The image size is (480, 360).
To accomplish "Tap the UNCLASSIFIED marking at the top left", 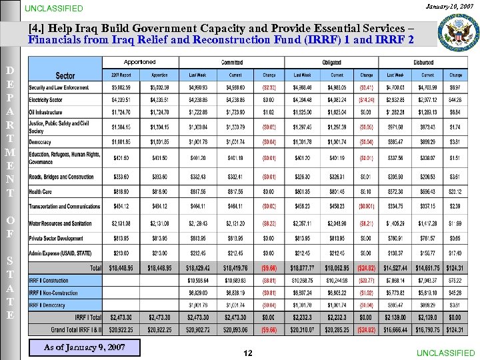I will click(x=54, y=9).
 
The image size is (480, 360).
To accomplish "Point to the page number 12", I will click(x=247, y=353).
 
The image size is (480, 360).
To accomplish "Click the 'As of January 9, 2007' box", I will click(x=84, y=347).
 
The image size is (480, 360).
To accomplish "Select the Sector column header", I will click(x=65, y=75).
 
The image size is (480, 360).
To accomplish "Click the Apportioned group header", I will click(x=140, y=62).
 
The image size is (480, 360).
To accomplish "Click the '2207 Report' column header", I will click(x=121, y=75).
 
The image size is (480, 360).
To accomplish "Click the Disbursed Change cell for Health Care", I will click(x=456, y=191).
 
